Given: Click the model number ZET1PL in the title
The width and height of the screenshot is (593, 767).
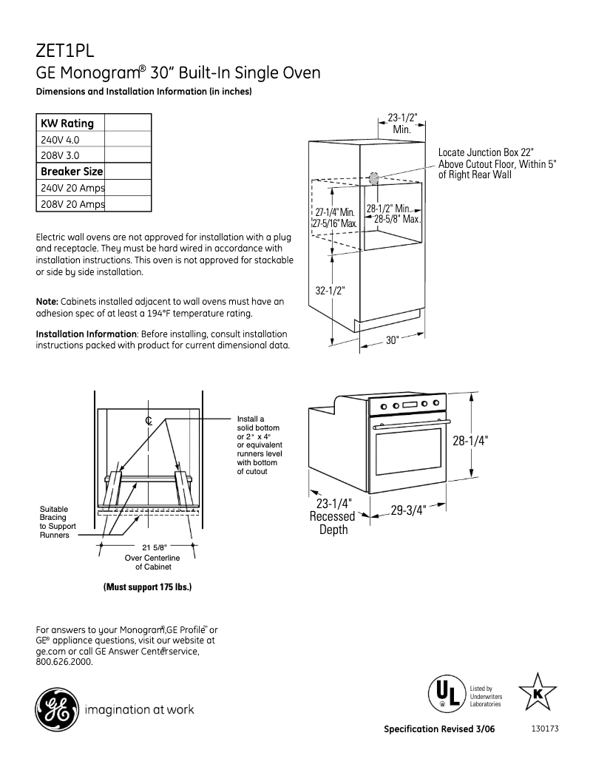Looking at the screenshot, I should point(65,52).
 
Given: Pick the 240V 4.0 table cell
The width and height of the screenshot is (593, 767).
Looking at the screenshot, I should point(59,139).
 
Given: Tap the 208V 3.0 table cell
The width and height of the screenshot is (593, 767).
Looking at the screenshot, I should point(59,155).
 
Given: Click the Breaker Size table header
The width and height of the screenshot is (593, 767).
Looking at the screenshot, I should point(71,172).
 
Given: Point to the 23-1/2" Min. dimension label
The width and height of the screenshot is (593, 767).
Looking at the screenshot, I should point(402,124).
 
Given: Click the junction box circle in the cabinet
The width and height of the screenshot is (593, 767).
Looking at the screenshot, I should point(373,178).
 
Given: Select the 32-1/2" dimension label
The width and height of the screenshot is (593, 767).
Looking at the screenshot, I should point(331,291).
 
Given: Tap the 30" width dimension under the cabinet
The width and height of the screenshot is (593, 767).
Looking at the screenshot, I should point(392,340).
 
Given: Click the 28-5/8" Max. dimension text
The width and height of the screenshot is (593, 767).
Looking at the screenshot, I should point(397,220).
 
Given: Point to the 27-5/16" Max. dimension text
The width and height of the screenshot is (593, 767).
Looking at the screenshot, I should point(334,223).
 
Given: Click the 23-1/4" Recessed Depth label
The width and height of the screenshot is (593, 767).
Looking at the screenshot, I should point(332,516).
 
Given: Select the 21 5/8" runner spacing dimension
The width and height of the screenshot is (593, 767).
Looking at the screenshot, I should point(148,547).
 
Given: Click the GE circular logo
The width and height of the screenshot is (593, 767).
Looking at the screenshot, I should point(55,709).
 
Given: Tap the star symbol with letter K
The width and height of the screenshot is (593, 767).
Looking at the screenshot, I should point(538,692).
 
